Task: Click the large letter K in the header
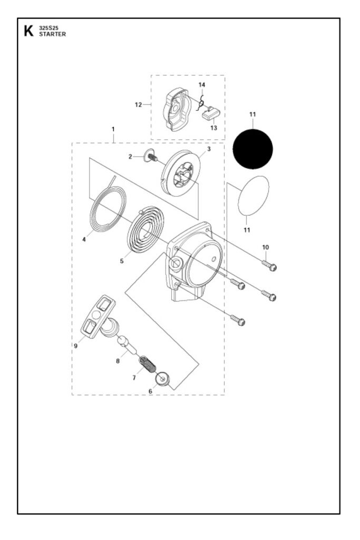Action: tap(28, 32)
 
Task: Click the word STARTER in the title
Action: tap(49, 35)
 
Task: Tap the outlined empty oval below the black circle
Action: tap(254, 196)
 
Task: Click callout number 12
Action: tap(139, 104)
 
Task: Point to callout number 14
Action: tap(202, 85)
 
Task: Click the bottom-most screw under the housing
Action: tap(238, 320)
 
